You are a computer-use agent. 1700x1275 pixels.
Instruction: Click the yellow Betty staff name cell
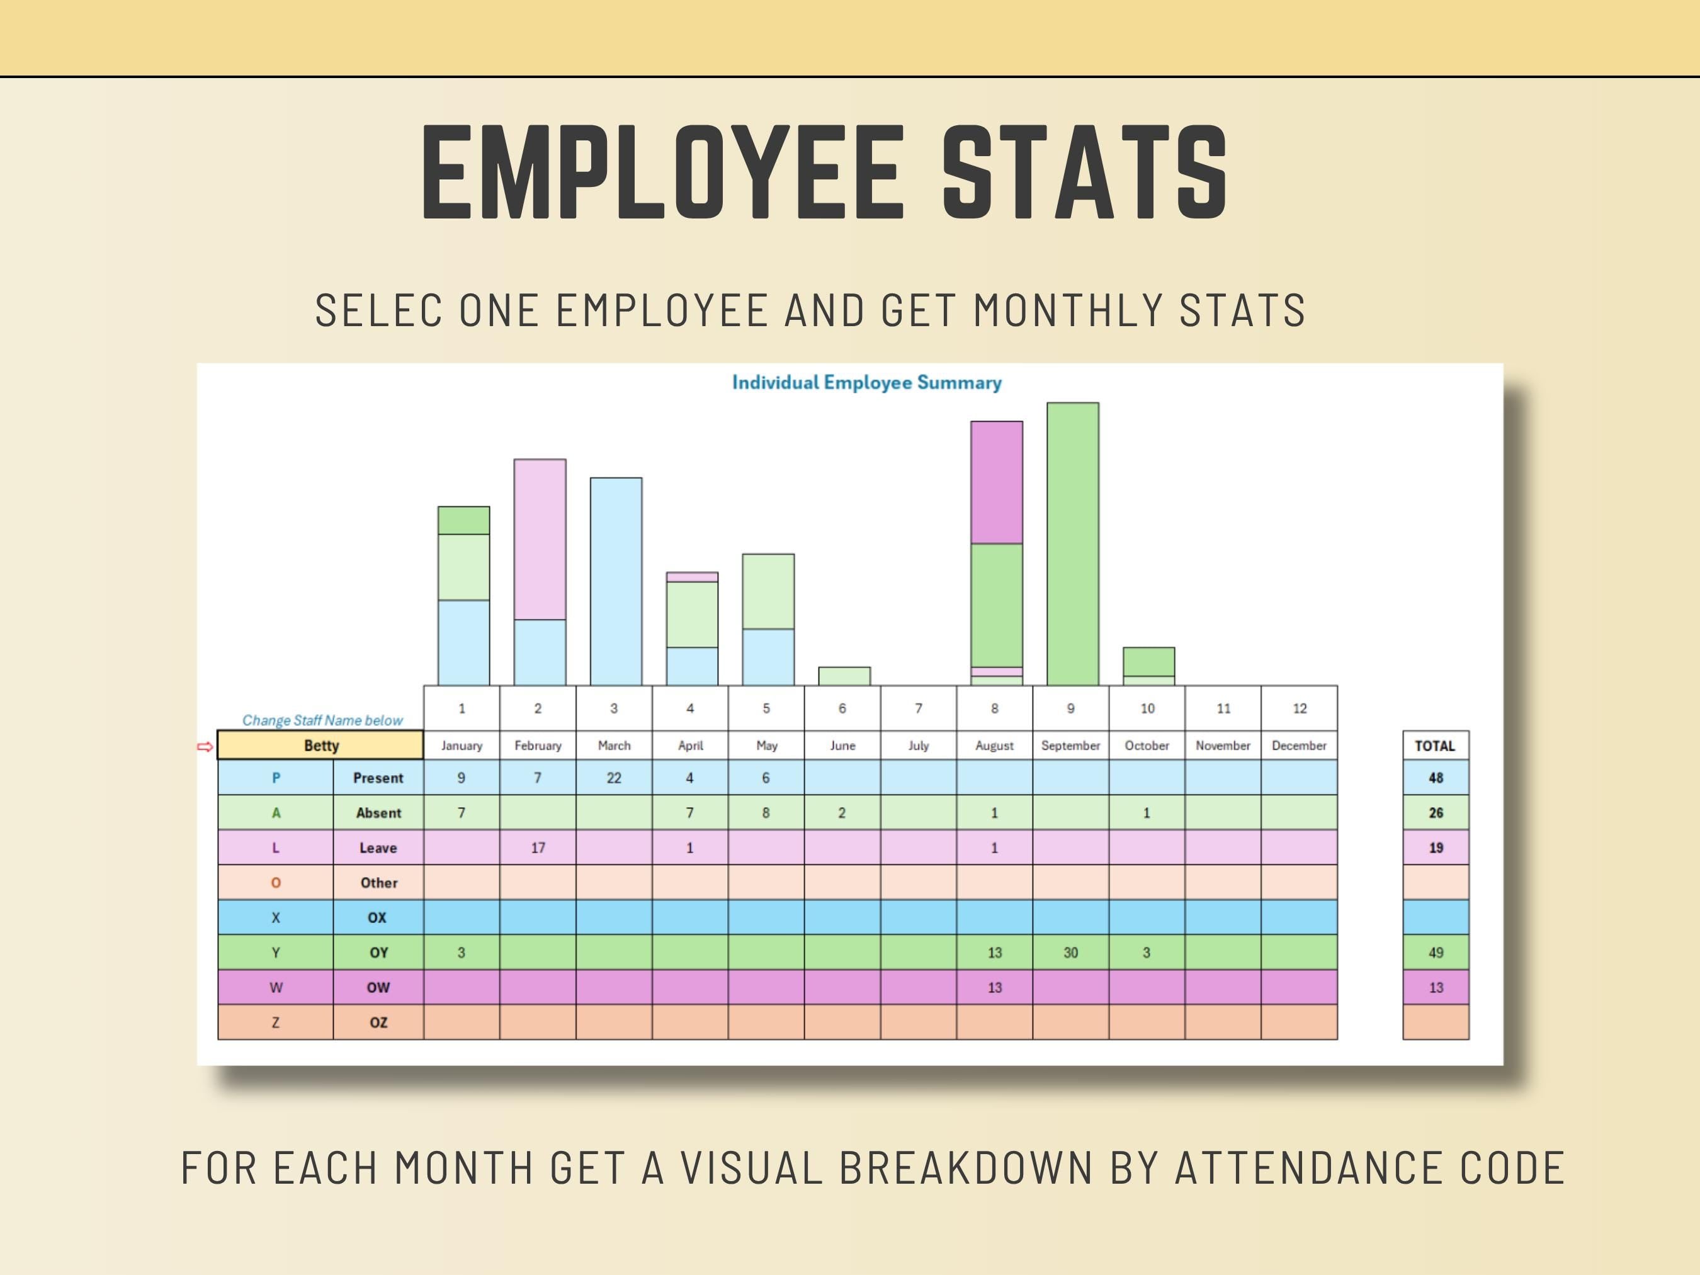tap(320, 745)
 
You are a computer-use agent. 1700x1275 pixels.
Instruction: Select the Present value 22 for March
tap(613, 778)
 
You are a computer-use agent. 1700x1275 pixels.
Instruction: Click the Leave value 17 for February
tap(537, 847)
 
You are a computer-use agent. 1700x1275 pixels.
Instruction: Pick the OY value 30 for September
tap(1070, 952)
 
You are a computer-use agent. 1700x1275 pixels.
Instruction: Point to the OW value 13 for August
tap(994, 987)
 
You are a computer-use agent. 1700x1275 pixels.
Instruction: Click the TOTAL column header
tap(1435, 745)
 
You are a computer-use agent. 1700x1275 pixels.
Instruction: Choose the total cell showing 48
tap(1435, 778)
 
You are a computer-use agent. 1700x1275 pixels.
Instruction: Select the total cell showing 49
tap(1435, 952)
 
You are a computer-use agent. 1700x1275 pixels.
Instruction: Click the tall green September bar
tap(1072, 543)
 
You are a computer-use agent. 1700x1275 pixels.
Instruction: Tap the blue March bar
tap(616, 581)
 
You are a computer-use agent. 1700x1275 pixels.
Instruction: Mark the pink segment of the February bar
tap(540, 540)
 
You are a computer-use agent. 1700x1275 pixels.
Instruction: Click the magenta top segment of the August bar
tap(996, 483)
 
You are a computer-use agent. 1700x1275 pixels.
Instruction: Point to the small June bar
tap(844, 676)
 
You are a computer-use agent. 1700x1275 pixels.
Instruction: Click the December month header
tap(1299, 745)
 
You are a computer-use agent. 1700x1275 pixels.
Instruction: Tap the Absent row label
tap(378, 813)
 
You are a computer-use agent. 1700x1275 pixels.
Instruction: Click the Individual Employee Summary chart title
tap(866, 383)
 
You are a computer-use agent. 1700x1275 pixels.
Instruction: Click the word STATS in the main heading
tap(1084, 174)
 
